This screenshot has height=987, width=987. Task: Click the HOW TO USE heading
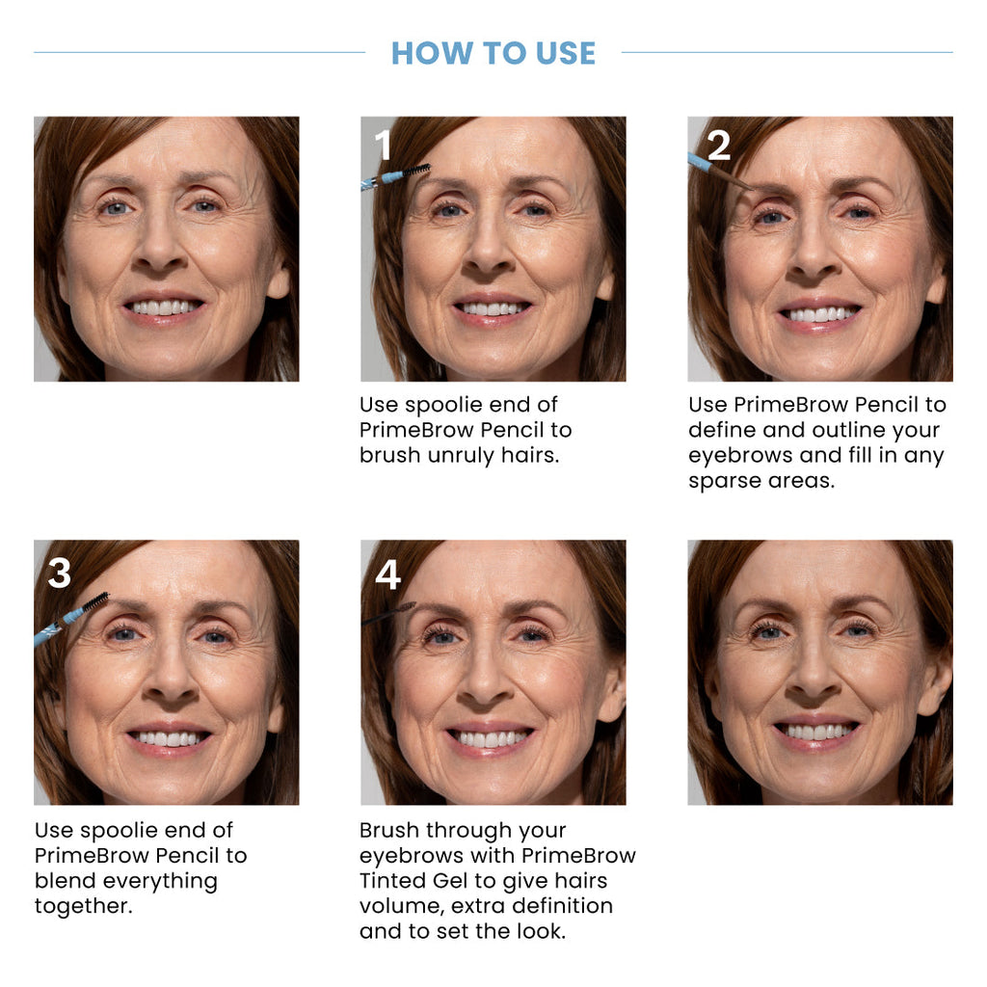493,53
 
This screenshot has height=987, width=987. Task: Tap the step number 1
383,147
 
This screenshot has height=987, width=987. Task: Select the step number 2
719,146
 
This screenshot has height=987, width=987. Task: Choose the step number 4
387,574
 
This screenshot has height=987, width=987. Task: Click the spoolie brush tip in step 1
416,171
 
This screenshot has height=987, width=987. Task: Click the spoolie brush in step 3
93,602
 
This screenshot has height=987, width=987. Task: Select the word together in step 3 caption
81,906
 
